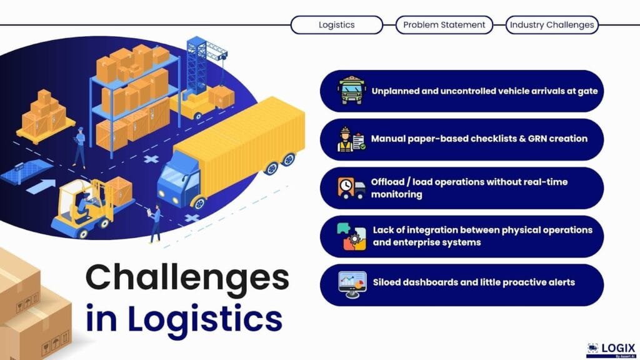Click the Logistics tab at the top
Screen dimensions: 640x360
[337, 25]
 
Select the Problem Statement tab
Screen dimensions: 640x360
[444, 25]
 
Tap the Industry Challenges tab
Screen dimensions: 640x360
[552, 25]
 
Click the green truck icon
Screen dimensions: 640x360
[351, 90]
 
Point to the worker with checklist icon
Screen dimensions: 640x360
[351, 139]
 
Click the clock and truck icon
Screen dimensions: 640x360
[351, 187]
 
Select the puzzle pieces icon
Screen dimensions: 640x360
[351, 236]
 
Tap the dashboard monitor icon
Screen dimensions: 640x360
[352, 284]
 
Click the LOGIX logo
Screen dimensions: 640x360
[611, 350]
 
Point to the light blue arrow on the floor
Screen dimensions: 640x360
[41, 186]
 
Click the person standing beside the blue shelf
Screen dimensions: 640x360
[79, 147]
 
